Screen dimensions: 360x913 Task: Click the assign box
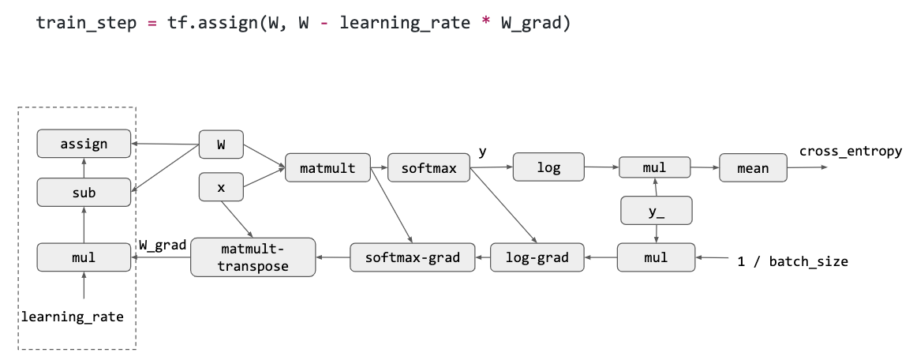(84, 144)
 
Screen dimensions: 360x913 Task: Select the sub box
(84, 192)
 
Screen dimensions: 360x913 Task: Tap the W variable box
(220, 144)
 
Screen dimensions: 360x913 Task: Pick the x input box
(220, 187)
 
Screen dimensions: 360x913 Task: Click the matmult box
(327, 168)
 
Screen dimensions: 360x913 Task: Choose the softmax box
(428, 168)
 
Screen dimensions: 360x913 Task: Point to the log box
(548, 167)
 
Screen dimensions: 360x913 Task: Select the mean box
(753, 168)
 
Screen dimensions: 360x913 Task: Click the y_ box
(656, 211)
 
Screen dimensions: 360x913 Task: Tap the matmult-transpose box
(253, 257)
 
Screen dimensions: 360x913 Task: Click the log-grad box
(537, 257)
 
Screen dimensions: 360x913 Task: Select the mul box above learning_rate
(84, 257)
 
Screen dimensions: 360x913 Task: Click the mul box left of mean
(655, 168)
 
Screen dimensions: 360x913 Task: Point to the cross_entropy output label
(850, 151)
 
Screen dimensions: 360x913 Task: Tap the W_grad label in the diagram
(162, 246)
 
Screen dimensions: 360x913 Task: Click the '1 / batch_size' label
(792, 261)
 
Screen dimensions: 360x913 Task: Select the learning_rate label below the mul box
(73, 317)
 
